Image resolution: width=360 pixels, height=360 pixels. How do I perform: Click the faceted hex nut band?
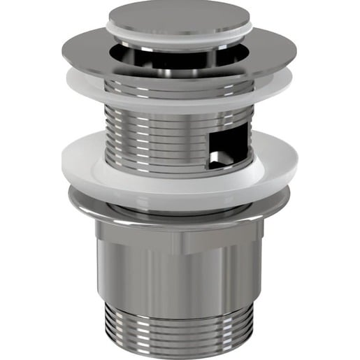(180, 238)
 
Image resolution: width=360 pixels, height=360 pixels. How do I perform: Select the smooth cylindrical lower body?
(180, 280)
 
